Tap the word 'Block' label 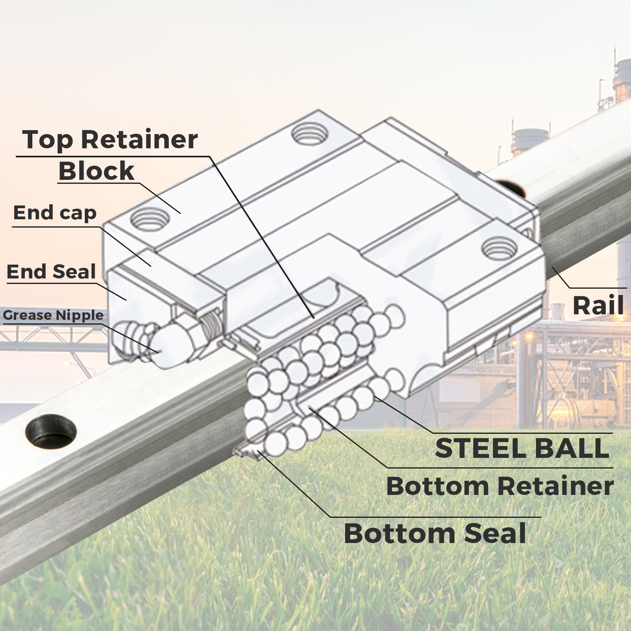click(97, 171)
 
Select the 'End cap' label click(55, 213)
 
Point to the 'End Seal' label click(51, 272)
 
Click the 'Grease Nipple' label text click(53, 315)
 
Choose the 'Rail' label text click(598, 306)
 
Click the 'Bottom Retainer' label click(500, 486)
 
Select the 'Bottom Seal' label click(435, 533)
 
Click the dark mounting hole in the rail click(51, 431)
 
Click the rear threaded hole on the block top click(309, 134)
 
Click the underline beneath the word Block click(97, 182)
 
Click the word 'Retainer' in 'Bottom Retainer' click(556, 486)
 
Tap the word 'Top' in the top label click(47, 140)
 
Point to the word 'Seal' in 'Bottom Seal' click(495, 533)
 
